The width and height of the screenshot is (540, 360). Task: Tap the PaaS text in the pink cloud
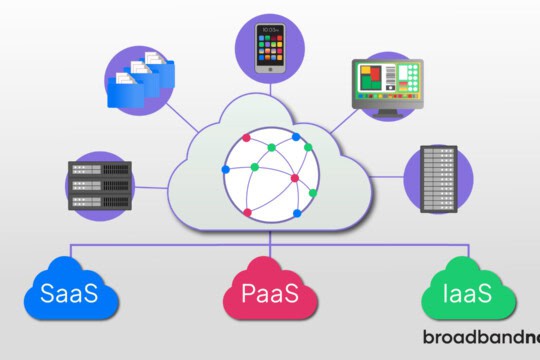click(268, 297)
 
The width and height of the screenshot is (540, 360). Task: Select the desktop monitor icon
click(388, 87)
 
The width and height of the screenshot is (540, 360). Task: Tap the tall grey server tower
click(439, 181)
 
